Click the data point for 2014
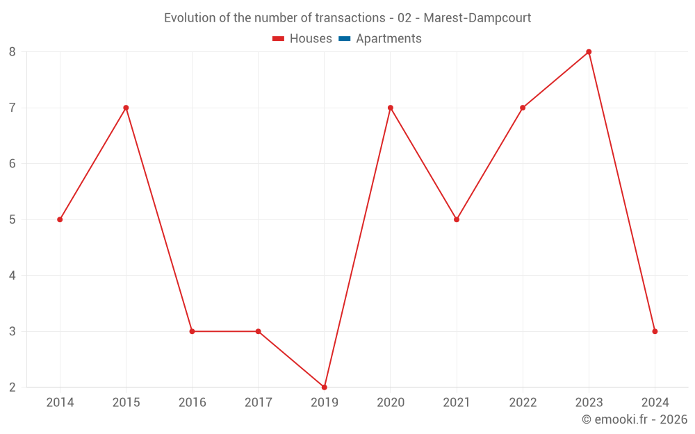[60, 219]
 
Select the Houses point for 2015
[126, 108]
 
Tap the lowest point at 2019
[325, 387]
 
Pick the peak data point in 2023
[589, 52]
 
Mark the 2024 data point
[655, 331]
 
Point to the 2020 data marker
[391, 108]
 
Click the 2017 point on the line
[259, 331]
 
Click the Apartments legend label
[389, 39]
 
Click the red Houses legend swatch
[278, 39]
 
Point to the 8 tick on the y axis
[13, 52]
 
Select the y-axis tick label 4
[13, 276]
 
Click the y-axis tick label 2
[13, 387]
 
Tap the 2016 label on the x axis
[193, 403]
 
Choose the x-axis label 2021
[457, 403]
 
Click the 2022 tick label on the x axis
[523, 403]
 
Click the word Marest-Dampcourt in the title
[477, 18]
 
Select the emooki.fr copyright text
[634, 419]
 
